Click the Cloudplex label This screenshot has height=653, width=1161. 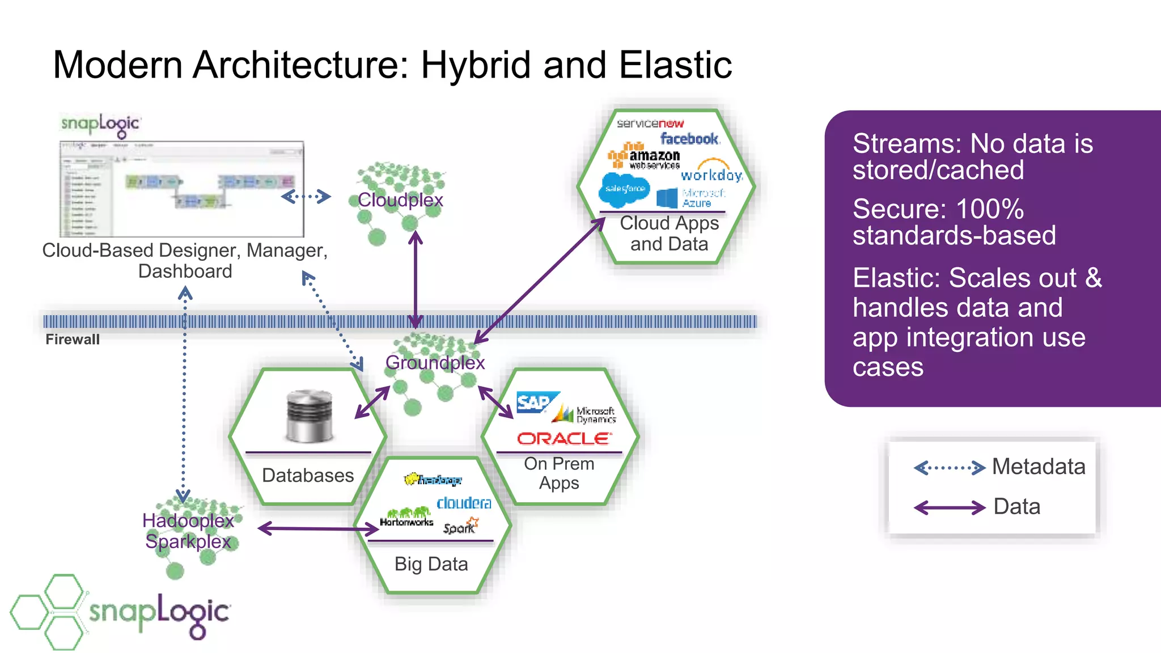[400, 200]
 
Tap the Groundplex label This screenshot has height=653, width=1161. [435, 363]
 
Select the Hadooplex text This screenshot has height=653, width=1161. [188, 520]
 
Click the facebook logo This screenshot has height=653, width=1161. [689, 139]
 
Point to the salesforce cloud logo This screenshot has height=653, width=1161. [624, 189]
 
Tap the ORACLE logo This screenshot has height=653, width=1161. [564, 439]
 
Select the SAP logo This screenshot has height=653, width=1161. [534, 402]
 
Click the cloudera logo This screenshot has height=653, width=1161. [464, 503]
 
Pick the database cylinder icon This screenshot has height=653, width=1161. [309, 416]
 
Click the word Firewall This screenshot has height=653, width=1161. [73, 340]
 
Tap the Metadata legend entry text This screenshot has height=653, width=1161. [1039, 467]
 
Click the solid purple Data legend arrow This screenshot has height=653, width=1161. [950, 507]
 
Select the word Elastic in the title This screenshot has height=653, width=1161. [675, 65]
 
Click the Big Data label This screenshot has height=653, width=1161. [431, 564]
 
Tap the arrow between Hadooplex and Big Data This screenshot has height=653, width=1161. [317, 529]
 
